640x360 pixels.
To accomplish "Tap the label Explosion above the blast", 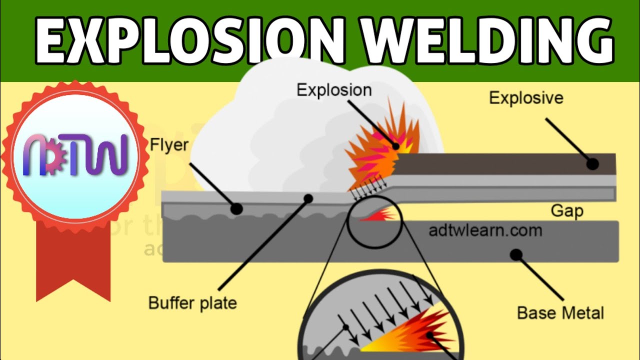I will click(x=334, y=90).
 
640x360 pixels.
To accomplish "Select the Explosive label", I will click(x=526, y=97).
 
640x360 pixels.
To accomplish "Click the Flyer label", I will click(x=169, y=145).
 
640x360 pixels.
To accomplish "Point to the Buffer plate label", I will click(x=192, y=303).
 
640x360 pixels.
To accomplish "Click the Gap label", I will click(x=567, y=211).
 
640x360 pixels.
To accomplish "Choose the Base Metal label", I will click(x=560, y=313).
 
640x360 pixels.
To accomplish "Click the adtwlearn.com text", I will click(x=485, y=231).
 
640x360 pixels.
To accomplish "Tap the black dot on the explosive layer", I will click(x=592, y=163).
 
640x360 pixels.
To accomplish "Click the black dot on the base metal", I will click(x=516, y=254).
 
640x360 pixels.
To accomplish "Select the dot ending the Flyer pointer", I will click(x=236, y=208).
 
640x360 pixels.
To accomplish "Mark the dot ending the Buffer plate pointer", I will click(x=308, y=198).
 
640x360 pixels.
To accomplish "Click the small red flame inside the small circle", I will click(x=383, y=215).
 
